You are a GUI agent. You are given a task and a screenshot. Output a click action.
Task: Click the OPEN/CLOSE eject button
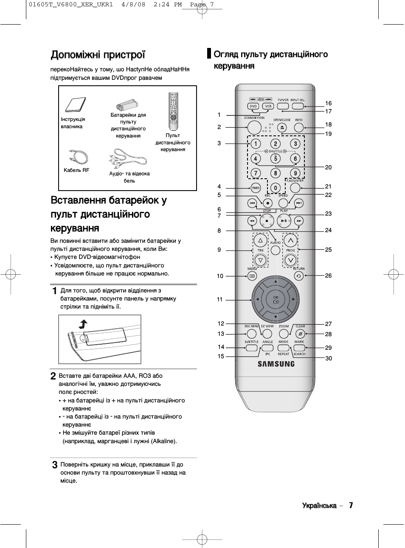point(282,128)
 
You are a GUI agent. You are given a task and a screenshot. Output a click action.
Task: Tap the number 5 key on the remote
point(276,158)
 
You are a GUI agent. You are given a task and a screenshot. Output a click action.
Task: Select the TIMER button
point(256,188)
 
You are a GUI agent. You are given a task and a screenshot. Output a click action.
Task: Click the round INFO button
point(299,127)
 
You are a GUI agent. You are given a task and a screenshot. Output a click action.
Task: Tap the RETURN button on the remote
point(299,276)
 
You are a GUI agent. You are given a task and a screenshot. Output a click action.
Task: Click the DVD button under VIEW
point(253,106)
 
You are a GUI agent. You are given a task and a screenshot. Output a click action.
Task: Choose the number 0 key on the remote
point(276,188)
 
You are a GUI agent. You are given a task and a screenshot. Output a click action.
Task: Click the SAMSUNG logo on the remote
point(276,364)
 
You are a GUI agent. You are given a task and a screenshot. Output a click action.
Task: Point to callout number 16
point(328,103)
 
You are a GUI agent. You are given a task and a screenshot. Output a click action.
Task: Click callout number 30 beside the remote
point(329,358)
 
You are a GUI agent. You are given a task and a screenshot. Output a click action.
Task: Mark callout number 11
point(219,299)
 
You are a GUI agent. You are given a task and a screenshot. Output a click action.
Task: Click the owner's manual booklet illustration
point(76,104)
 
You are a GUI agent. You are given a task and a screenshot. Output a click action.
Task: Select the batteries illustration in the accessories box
point(127,105)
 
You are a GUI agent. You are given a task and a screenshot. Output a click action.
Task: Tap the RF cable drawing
point(79,157)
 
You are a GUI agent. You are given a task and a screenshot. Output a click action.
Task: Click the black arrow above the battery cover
point(83,324)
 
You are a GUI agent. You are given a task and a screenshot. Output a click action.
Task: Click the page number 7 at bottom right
point(351,505)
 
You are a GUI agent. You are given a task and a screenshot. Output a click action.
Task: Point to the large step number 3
point(55,465)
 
